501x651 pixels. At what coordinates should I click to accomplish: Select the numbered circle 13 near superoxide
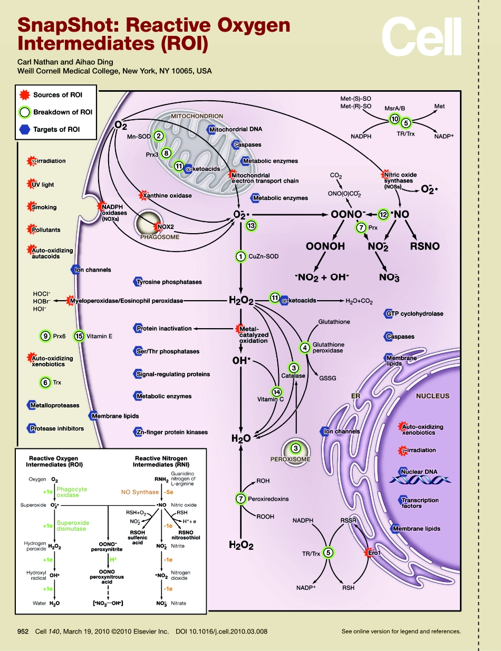tap(252, 225)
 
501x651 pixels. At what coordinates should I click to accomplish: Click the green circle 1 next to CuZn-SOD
tap(240, 256)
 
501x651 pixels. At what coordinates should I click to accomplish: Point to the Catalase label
tap(293, 376)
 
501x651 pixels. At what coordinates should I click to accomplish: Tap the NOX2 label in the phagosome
tap(166, 227)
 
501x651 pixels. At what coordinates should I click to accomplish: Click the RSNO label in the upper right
tap(425, 246)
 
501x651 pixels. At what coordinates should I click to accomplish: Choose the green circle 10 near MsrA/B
tap(394, 119)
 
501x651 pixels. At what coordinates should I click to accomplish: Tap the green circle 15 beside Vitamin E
tap(79, 336)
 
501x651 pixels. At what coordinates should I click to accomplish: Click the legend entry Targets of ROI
tap(56, 129)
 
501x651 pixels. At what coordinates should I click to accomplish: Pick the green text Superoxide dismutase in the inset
tap(73, 525)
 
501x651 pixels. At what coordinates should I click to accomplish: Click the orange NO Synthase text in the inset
tap(140, 492)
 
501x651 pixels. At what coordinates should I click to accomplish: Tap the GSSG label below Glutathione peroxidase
tap(327, 378)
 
